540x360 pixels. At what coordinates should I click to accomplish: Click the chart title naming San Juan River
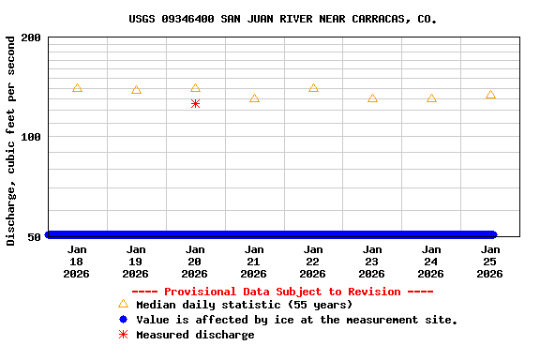pyautogui.click(x=282, y=19)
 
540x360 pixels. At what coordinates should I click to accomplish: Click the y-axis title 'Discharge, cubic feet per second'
pyautogui.click(x=11, y=141)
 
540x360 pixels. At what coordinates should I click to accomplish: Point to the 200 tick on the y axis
pyautogui.click(x=31, y=37)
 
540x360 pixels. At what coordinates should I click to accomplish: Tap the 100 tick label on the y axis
pyautogui.click(x=31, y=137)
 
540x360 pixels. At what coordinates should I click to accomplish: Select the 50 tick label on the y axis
pyautogui.click(x=34, y=236)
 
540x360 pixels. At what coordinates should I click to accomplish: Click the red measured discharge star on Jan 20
pyautogui.click(x=195, y=103)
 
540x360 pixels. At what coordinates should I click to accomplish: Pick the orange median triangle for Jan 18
pyautogui.click(x=77, y=88)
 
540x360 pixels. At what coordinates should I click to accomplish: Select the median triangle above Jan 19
pyautogui.click(x=136, y=90)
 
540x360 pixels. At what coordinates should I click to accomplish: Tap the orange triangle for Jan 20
pyautogui.click(x=195, y=88)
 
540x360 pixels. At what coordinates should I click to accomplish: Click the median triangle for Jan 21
pyautogui.click(x=254, y=98)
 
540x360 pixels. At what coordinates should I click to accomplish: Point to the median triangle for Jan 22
pyautogui.click(x=313, y=88)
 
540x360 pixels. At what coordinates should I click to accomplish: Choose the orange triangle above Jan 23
pyautogui.click(x=372, y=98)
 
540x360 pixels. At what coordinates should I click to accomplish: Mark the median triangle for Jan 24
pyautogui.click(x=431, y=98)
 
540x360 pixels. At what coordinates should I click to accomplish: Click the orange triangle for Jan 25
pyautogui.click(x=490, y=95)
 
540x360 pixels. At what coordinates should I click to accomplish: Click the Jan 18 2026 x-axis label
pyautogui.click(x=77, y=262)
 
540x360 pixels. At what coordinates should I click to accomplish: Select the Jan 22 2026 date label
pyautogui.click(x=313, y=262)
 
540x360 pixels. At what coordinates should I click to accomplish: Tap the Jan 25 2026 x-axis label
pyautogui.click(x=490, y=262)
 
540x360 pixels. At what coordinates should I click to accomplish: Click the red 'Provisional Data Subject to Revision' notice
pyautogui.click(x=282, y=292)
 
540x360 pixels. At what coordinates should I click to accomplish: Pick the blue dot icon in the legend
pyautogui.click(x=123, y=320)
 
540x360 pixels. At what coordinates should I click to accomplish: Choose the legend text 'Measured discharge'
pyautogui.click(x=195, y=335)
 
